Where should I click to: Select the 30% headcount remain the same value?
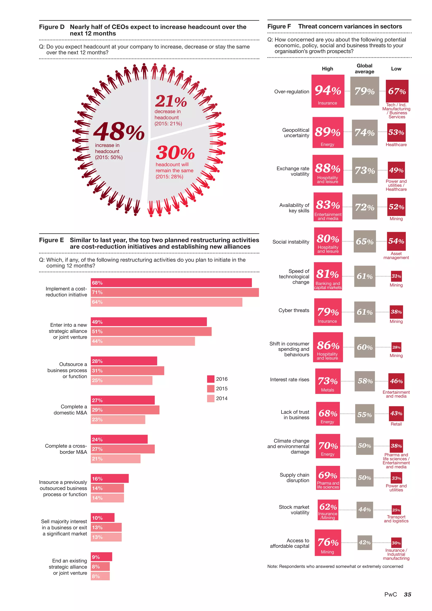click(175, 153)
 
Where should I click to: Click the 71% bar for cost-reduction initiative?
click(174, 292)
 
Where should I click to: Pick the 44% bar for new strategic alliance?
click(143, 341)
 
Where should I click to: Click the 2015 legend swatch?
click(211, 389)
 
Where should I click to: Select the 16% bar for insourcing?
click(110, 479)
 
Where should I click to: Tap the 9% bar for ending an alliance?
click(101, 557)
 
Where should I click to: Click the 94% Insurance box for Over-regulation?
click(328, 91)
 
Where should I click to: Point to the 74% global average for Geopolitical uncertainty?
click(364, 132)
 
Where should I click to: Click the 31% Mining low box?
click(396, 276)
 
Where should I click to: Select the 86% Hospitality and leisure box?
click(328, 347)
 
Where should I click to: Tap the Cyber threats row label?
click(294, 310)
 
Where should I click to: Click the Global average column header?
click(364, 69)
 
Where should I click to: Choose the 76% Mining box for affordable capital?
click(328, 542)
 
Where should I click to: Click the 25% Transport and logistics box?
click(396, 510)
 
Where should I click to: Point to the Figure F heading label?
click(279, 26)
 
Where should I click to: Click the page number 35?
click(407, 595)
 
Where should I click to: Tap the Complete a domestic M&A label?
click(70, 410)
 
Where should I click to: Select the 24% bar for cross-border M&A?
click(119, 439)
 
